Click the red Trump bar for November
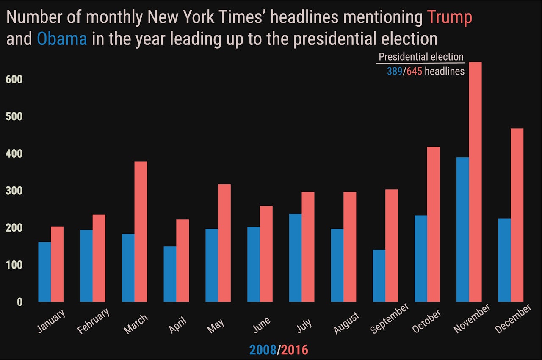(475, 182)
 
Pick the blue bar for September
(379, 276)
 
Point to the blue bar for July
(296, 258)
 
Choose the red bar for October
(434, 224)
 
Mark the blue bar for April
(170, 274)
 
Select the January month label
(51, 321)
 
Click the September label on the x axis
(390, 318)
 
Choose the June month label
(262, 325)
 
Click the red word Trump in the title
(449, 18)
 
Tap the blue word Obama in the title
(62, 39)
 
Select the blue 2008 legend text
(263, 350)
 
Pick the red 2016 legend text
(295, 350)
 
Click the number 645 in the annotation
(414, 72)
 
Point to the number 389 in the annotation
(395, 72)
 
